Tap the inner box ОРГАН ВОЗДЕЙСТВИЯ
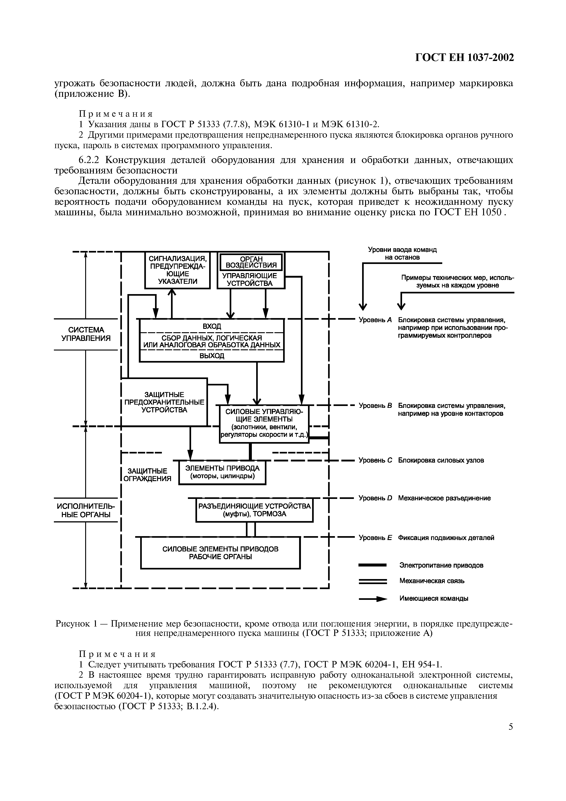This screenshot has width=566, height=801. pyautogui.click(x=251, y=262)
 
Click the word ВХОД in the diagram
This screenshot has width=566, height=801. pyautogui.click(x=212, y=326)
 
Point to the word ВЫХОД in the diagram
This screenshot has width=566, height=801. pyautogui.click(x=212, y=356)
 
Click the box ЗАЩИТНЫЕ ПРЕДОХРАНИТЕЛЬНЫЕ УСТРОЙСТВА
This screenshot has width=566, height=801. pyautogui.click(x=164, y=402)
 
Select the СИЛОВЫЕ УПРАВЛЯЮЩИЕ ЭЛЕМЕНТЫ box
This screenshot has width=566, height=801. pyautogui.click(x=264, y=424)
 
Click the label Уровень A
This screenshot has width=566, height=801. pyautogui.click(x=375, y=320)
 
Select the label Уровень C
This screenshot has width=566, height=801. pyautogui.click(x=375, y=460)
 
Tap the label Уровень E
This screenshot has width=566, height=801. pyautogui.click(x=375, y=538)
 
